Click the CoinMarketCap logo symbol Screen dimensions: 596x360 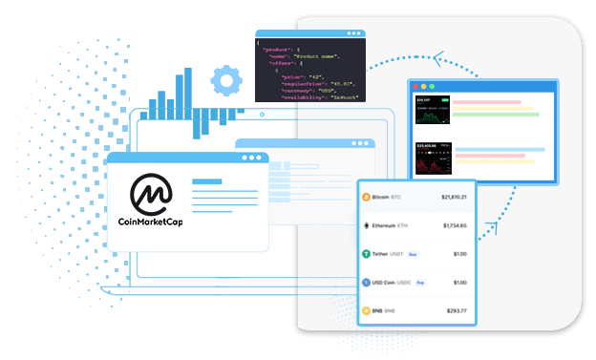click(x=151, y=193)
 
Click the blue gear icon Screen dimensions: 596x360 click(x=225, y=81)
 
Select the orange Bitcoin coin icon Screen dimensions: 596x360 click(x=366, y=198)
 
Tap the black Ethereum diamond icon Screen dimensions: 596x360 click(x=366, y=226)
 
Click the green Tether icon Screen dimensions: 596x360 click(x=366, y=254)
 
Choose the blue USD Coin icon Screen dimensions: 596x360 click(x=366, y=283)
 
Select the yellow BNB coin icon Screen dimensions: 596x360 click(x=366, y=310)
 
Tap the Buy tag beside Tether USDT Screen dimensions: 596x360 click(x=414, y=255)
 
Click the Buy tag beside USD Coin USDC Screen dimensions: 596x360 click(x=419, y=283)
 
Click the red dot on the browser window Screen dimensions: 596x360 click(x=417, y=87)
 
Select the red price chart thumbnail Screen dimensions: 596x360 click(x=433, y=159)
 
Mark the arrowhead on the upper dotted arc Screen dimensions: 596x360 click(x=439, y=58)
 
